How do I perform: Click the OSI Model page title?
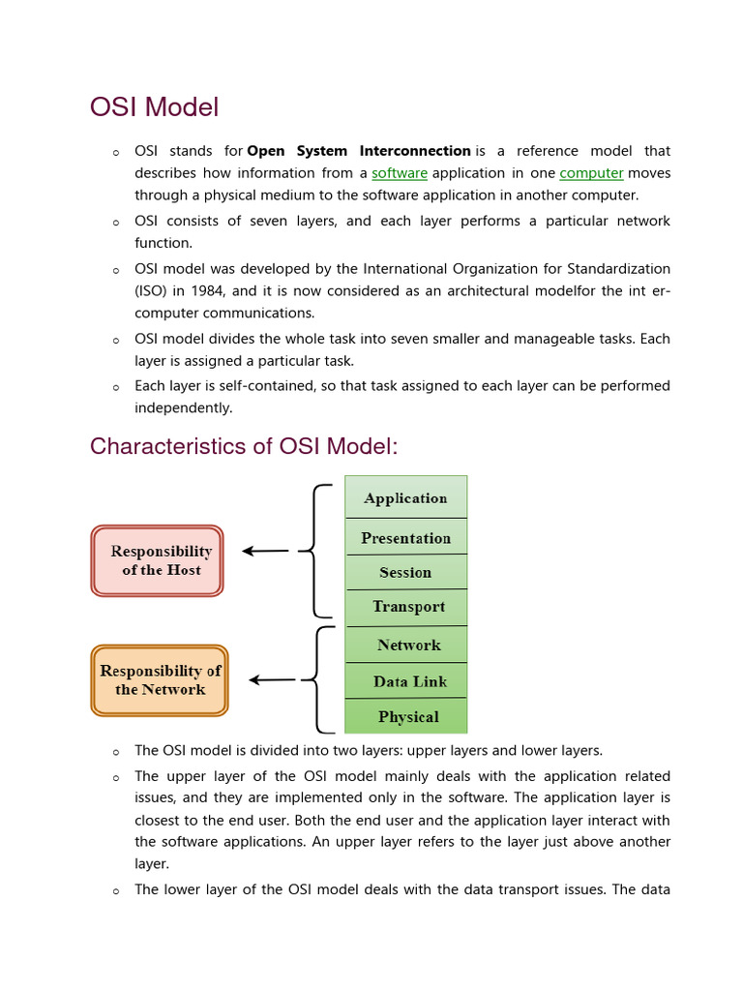(x=154, y=107)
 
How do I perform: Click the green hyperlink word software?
(x=400, y=173)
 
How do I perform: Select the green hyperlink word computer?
(x=591, y=173)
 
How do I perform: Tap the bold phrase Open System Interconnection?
(x=359, y=151)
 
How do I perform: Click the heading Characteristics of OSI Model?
(x=244, y=447)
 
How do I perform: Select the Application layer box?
(x=405, y=497)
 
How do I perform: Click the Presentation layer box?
(x=405, y=538)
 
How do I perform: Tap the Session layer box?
(x=405, y=572)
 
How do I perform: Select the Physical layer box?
(x=407, y=717)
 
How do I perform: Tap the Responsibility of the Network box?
(x=160, y=680)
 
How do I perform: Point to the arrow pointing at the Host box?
(x=265, y=552)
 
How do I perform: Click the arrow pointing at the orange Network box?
(x=272, y=680)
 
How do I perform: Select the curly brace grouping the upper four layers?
(x=317, y=551)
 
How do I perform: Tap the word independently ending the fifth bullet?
(x=183, y=408)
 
